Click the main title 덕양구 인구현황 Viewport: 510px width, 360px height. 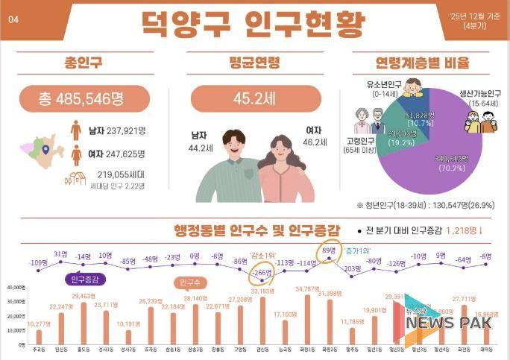pyautogui.click(x=254, y=22)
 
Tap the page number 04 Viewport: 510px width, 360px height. pyautogui.click(x=13, y=20)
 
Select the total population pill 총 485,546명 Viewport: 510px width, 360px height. pyautogui.click(x=84, y=98)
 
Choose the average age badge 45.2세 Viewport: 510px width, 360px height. pyautogui.click(x=254, y=98)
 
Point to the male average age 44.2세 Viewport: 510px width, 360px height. pyautogui.click(x=198, y=148)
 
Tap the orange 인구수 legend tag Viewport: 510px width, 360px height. pyautogui.click(x=192, y=282)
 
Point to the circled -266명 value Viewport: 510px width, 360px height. pyautogui.click(x=262, y=272)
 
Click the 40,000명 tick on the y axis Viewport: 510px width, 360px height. pyautogui.click(x=16, y=288)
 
